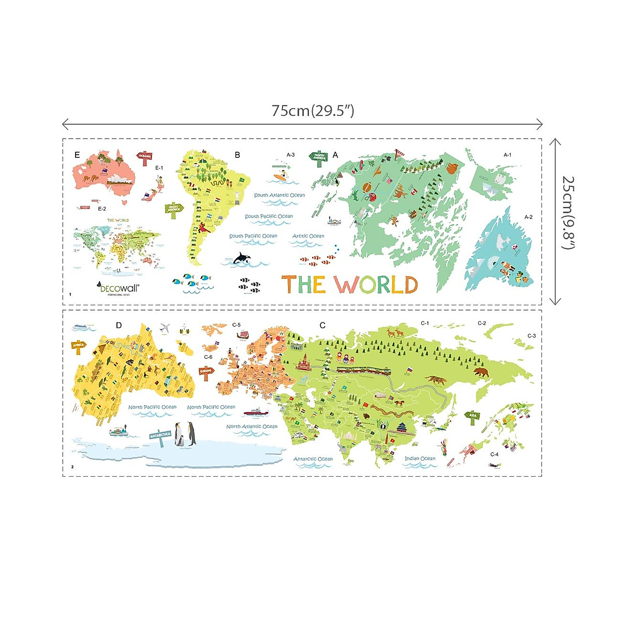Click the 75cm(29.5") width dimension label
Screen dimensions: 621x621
[x=313, y=111]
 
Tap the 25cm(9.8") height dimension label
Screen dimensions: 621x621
[x=568, y=212]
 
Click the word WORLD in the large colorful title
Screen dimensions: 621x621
[x=375, y=285]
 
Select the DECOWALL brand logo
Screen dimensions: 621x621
[x=119, y=288]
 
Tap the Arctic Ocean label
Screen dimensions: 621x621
[x=308, y=236]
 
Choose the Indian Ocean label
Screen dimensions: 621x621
[x=420, y=459]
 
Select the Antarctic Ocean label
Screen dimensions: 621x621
[x=313, y=459]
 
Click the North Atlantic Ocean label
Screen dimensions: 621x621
[x=252, y=426]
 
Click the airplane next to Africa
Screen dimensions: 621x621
[x=165, y=328]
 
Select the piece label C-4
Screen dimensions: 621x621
[x=494, y=454]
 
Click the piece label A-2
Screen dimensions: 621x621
[x=528, y=217]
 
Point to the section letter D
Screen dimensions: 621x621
[x=119, y=326]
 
